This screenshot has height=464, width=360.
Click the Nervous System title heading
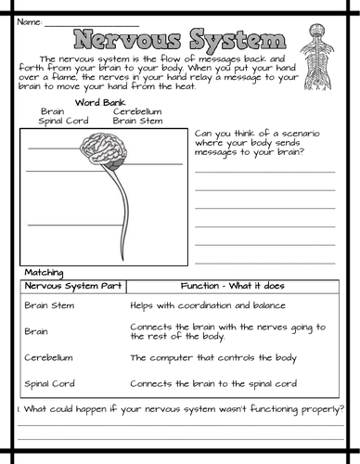179,41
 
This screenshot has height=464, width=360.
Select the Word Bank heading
99,100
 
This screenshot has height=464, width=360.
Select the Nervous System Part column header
70,286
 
